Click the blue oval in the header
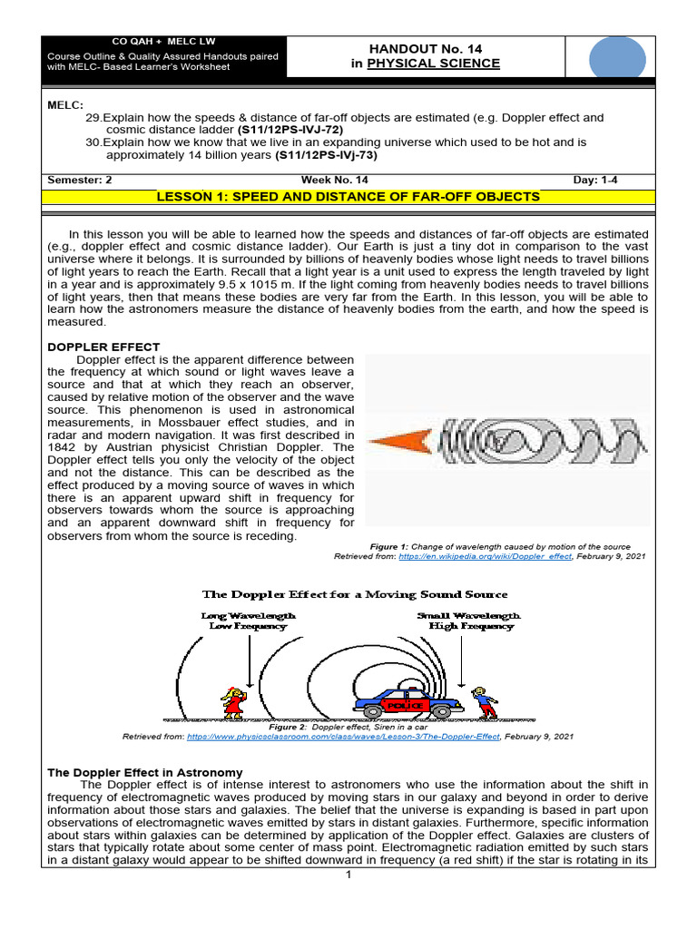tap(617, 61)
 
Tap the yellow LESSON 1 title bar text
tap(348, 197)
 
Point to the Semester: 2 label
tap(79, 180)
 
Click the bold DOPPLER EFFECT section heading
tap(103, 347)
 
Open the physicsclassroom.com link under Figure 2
tap(343, 738)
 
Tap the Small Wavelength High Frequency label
tap(469, 621)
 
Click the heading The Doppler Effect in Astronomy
tap(144, 772)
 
